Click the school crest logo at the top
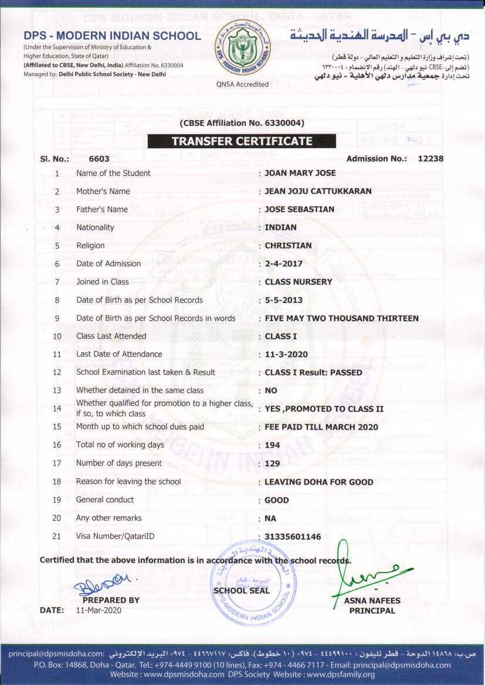click(x=242, y=47)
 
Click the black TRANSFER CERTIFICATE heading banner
click(x=242, y=141)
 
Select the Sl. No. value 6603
click(x=99, y=159)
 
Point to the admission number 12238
click(x=430, y=159)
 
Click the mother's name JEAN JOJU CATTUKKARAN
click(x=318, y=192)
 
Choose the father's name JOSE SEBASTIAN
click(x=299, y=209)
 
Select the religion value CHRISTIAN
click(x=288, y=246)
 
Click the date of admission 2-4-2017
click(x=284, y=264)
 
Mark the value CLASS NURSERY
click(x=299, y=282)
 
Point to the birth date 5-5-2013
click(x=284, y=300)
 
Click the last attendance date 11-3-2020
click(x=286, y=355)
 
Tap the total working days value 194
click(x=272, y=445)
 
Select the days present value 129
click(x=272, y=464)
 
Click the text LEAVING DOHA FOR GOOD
click(x=318, y=482)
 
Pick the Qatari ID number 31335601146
click(x=293, y=537)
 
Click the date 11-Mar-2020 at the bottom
click(x=99, y=610)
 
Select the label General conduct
click(x=105, y=500)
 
